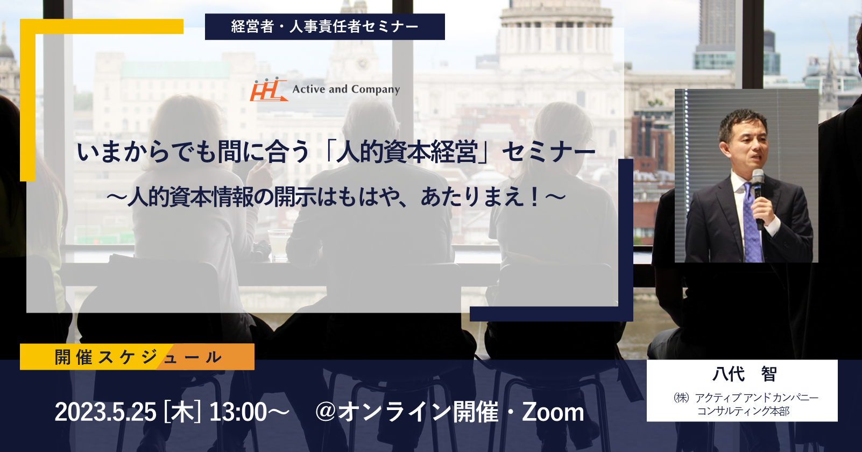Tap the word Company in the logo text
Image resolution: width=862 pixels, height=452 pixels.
tap(375, 90)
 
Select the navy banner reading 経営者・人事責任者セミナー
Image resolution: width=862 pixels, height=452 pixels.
tap(325, 26)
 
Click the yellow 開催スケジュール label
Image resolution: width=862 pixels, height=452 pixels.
tap(137, 357)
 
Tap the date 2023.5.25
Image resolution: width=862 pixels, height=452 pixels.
tap(105, 412)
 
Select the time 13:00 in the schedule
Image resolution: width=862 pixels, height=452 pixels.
tap(238, 412)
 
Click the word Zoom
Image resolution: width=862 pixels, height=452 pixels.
tap(553, 412)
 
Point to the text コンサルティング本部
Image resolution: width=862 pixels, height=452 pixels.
tap(743, 411)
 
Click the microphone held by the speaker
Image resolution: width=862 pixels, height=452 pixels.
tap(758, 199)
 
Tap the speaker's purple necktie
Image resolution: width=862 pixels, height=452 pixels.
tap(752, 223)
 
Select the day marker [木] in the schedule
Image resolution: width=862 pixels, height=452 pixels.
tap(182, 412)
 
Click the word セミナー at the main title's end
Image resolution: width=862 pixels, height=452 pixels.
tap(548, 152)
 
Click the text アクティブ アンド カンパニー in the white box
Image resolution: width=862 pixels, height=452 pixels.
tap(757, 397)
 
